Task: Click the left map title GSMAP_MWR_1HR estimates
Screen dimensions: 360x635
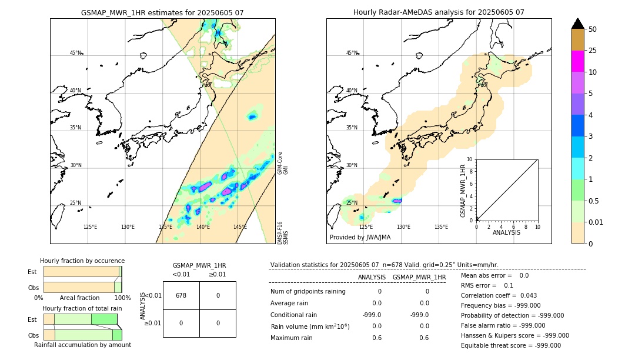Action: (x=162, y=12)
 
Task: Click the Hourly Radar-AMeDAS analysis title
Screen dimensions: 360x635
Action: (x=439, y=12)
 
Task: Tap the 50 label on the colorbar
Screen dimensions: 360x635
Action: (x=593, y=29)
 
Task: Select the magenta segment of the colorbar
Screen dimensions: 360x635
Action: (x=577, y=61)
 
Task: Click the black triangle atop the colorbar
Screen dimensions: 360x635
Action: (x=577, y=24)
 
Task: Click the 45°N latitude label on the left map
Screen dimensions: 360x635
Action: (x=75, y=53)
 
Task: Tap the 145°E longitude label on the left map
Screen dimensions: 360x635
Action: (x=240, y=227)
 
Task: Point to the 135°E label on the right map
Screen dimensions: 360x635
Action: (x=441, y=227)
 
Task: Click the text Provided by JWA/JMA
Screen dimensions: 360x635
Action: (x=360, y=238)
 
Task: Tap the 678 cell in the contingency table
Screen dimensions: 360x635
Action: (x=181, y=295)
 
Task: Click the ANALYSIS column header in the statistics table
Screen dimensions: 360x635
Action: (x=372, y=277)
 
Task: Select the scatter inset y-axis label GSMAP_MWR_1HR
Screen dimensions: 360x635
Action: (x=463, y=191)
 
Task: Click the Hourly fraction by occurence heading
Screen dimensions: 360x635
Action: (x=82, y=261)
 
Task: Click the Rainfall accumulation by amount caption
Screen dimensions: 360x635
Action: (x=82, y=345)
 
